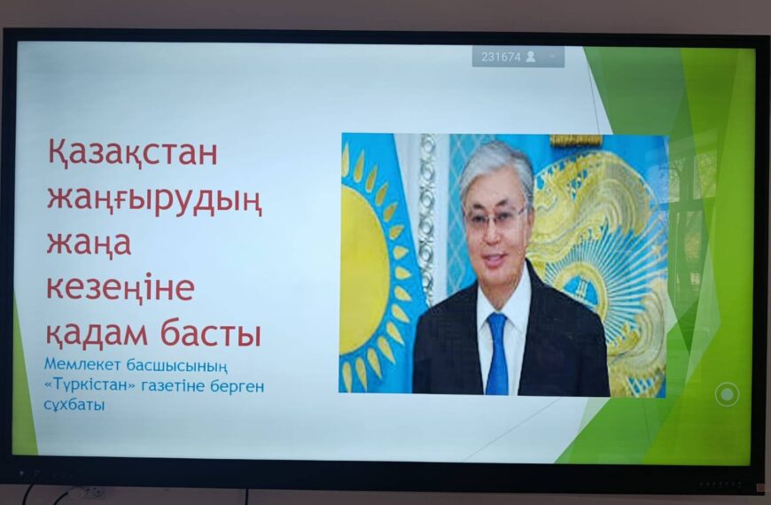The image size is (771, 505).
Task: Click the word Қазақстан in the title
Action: pos(132,153)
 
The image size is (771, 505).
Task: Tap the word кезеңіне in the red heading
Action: pos(121,289)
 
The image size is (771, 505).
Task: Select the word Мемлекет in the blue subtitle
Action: pos(81,366)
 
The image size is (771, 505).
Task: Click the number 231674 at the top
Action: pos(500,57)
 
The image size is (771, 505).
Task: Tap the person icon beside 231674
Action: pos(531,57)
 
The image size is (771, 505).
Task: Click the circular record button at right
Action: pos(728,393)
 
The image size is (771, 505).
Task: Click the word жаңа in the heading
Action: pos(89,244)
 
